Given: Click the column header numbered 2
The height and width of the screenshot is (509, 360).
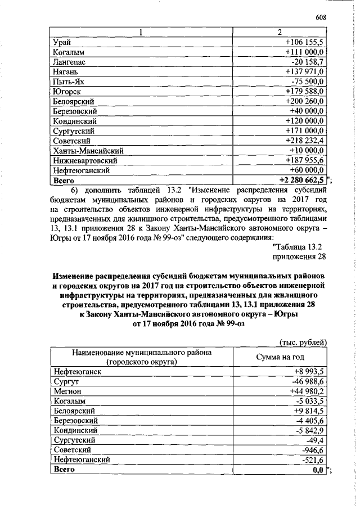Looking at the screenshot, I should click(x=280, y=32).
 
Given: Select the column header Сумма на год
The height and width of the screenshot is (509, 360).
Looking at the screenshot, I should click(x=280, y=357).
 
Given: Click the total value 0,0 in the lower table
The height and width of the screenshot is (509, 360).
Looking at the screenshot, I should click(x=318, y=470).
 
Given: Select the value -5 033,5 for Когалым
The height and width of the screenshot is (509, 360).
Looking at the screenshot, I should click(x=310, y=401).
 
